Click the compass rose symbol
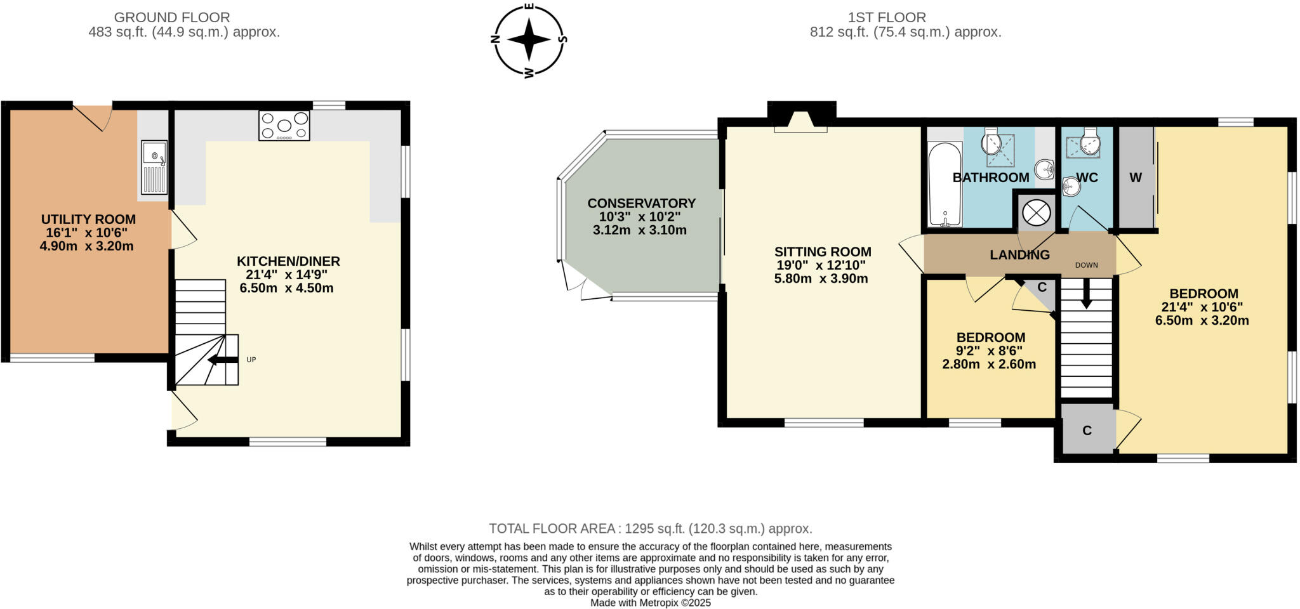[x=529, y=39]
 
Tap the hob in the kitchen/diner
[x=284, y=126]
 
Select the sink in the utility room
[x=154, y=167]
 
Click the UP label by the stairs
[x=251, y=360]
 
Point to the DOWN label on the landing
[x=1086, y=265]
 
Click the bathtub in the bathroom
[x=945, y=184]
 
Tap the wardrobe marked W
[x=1136, y=178]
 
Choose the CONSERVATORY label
[x=641, y=204]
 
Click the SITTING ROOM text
[x=822, y=252]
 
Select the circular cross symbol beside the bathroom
[x=1036, y=212]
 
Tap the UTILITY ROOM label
[x=88, y=219]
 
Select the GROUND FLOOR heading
[x=171, y=18]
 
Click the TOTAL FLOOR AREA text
[x=650, y=528]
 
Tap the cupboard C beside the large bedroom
[x=1087, y=431]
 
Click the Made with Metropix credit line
[x=650, y=603]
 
